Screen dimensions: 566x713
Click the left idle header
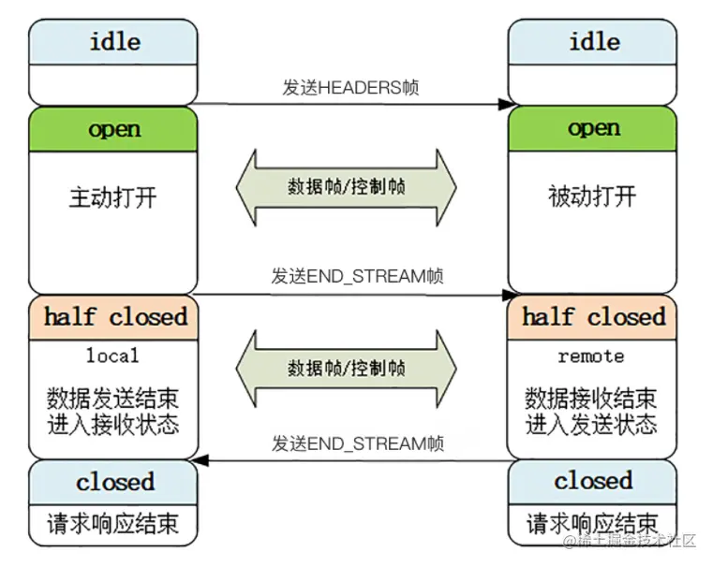[x=113, y=42]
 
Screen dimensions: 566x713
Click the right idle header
[x=593, y=42]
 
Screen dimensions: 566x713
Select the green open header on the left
[x=113, y=129]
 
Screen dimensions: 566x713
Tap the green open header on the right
[x=593, y=129]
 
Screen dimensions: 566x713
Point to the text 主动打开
[x=113, y=197]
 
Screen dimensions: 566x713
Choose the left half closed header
[x=114, y=317]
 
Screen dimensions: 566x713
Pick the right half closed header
[x=593, y=317]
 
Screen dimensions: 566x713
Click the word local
[x=112, y=356]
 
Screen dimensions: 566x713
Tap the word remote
[x=590, y=356]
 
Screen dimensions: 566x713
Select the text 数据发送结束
[x=113, y=399]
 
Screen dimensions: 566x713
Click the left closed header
[x=114, y=482]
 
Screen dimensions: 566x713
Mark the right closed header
[x=593, y=482]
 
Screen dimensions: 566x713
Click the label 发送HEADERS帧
[x=350, y=88]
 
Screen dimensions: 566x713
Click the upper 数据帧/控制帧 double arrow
[x=346, y=186]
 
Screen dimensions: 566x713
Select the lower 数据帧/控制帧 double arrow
[x=346, y=366]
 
